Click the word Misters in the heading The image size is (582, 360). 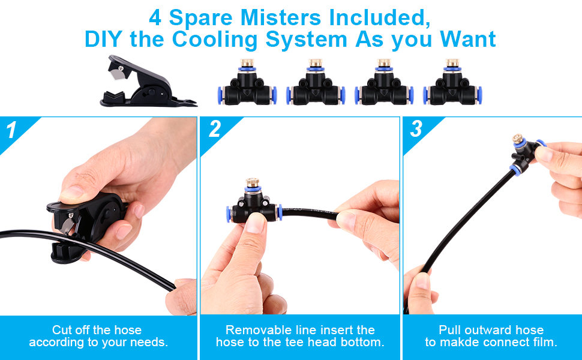click(281, 17)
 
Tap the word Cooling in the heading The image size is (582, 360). click(215, 40)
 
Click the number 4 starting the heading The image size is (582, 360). click(155, 18)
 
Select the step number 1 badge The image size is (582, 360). click(11, 130)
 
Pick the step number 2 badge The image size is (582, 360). click(215, 129)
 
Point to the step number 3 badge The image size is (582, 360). click(416, 129)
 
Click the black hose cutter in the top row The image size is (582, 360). click(148, 82)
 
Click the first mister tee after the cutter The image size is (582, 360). click(247, 82)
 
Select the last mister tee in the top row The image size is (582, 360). click(452, 82)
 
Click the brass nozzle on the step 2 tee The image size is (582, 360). click(253, 182)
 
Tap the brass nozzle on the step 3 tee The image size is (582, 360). click(518, 139)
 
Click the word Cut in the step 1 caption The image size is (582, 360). click(61, 330)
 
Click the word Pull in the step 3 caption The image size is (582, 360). click(449, 330)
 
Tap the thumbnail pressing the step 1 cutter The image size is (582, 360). click(71, 193)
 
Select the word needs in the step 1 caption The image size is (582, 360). click(149, 342)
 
